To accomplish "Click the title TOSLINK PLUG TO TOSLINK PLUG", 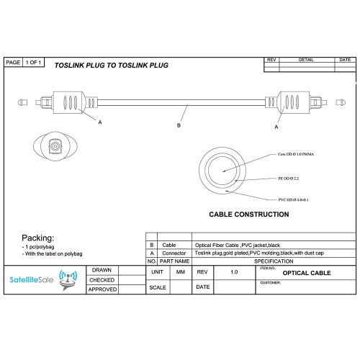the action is (112, 66).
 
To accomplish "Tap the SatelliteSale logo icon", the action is (68, 280).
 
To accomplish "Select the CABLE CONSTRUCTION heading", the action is (249, 215).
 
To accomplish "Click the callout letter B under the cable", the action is (179, 125).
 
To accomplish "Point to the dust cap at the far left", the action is (22, 102).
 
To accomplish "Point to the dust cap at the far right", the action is (341, 102).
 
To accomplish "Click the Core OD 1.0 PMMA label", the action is (296, 154).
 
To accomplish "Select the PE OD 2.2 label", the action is (289, 179).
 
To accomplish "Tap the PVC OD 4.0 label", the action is (293, 199).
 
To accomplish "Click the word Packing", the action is (38, 238).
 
